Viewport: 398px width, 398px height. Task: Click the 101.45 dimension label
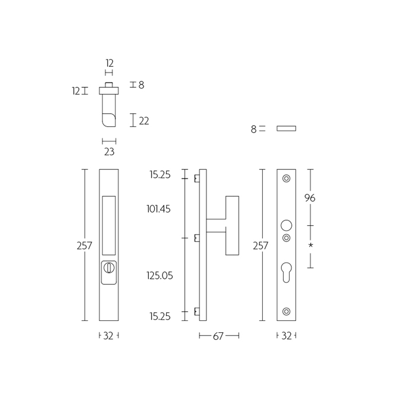(x=159, y=209)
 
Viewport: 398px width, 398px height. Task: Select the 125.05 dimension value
(x=160, y=276)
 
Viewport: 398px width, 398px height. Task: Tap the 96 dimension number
(x=310, y=198)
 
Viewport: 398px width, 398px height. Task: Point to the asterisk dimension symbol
(x=311, y=245)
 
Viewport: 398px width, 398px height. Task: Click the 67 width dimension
(x=218, y=336)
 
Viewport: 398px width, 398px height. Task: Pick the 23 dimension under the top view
(x=109, y=152)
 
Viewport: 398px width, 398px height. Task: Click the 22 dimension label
(x=144, y=121)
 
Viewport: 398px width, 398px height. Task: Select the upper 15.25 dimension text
(x=160, y=175)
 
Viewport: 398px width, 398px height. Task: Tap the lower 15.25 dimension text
(x=160, y=316)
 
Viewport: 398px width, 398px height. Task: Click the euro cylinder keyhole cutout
(x=286, y=272)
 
